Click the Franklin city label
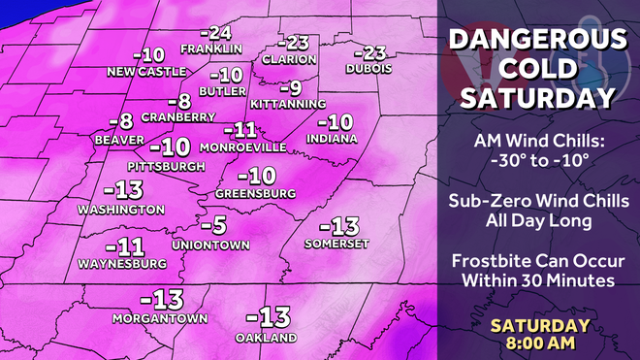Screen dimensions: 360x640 [210, 49]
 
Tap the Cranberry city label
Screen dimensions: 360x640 [178, 117]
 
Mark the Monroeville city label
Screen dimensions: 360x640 [242, 147]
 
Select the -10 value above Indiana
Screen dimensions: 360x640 [336, 123]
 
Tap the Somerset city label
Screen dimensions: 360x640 [331, 244]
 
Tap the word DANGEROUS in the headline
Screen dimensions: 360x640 [536, 42]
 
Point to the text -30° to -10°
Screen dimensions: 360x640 [536, 160]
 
